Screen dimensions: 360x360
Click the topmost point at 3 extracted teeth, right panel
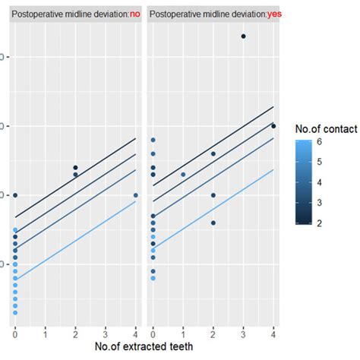243,36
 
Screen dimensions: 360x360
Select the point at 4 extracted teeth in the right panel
273,126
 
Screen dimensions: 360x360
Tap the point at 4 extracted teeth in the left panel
136,195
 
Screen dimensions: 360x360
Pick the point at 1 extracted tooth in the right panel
183,175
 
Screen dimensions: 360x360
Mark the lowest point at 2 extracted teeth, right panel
213,223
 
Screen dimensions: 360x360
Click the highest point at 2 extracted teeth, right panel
213,154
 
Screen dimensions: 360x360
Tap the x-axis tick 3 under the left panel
106,333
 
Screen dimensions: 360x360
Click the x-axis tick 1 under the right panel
183,333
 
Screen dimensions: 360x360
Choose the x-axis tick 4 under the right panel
273,333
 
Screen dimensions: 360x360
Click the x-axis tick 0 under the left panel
15,333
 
